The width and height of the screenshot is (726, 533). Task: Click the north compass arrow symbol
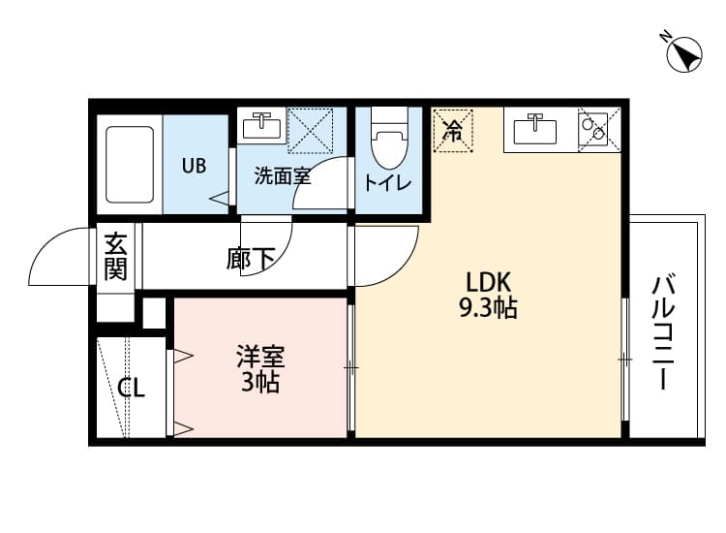click(x=684, y=53)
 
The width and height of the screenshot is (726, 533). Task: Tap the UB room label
click(x=194, y=165)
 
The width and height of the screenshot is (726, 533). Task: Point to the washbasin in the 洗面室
click(x=262, y=127)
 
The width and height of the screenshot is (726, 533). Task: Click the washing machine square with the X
click(x=310, y=130)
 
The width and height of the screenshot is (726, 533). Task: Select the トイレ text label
click(x=387, y=183)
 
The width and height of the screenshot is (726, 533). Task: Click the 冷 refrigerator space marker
click(x=452, y=131)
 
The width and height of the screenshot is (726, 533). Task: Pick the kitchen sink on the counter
click(x=531, y=129)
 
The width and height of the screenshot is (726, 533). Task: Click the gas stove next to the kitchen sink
click(x=592, y=129)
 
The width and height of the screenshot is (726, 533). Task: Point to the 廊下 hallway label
click(x=251, y=259)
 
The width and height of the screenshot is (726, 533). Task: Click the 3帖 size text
click(x=259, y=383)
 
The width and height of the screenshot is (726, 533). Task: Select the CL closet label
click(x=132, y=390)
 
